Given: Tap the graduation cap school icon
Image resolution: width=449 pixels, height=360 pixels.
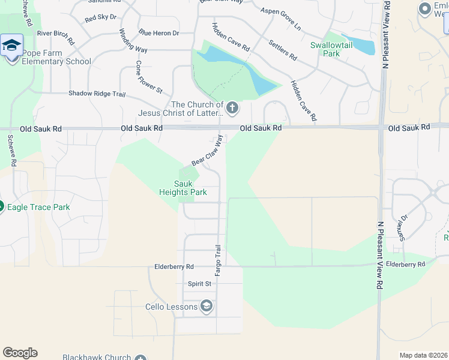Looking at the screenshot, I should pyautogui.click(x=11, y=45).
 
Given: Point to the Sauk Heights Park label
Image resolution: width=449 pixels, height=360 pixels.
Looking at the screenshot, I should pyautogui.click(x=183, y=188).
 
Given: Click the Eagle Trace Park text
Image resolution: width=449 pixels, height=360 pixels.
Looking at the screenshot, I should pyautogui.click(x=38, y=208).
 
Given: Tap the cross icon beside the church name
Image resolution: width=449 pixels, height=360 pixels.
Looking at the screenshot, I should pyautogui.click(x=232, y=109).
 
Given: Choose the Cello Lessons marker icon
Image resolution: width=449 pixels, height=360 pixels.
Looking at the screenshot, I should pyautogui.click(x=206, y=307).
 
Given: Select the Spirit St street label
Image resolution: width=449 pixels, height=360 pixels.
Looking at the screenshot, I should pyautogui.click(x=200, y=283).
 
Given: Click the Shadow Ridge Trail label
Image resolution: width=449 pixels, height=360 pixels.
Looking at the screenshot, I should pyautogui.click(x=97, y=94).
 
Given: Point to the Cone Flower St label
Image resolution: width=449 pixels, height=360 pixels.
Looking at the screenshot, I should pyautogui.click(x=150, y=77).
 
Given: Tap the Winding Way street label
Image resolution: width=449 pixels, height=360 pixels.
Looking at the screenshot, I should pyautogui.click(x=133, y=41).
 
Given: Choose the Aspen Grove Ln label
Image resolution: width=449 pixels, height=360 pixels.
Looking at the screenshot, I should pyautogui.click(x=280, y=19).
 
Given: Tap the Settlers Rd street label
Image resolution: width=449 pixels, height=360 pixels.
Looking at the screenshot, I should pyautogui.click(x=283, y=50).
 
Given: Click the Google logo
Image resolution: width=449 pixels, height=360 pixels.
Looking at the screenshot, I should pyautogui.click(x=20, y=353).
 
